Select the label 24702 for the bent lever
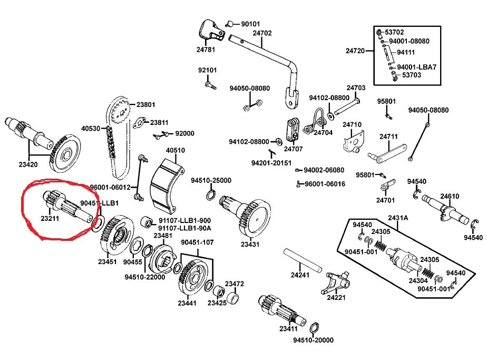(262, 33)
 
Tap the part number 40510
(176, 150)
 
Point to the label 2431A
(398, 217)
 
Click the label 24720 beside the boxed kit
(355, 51)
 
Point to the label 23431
(250, 244)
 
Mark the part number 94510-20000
(314, 340)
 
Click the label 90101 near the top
(251, 24)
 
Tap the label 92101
(208, 70)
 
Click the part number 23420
(28, 164)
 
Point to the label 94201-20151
(271, 163)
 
